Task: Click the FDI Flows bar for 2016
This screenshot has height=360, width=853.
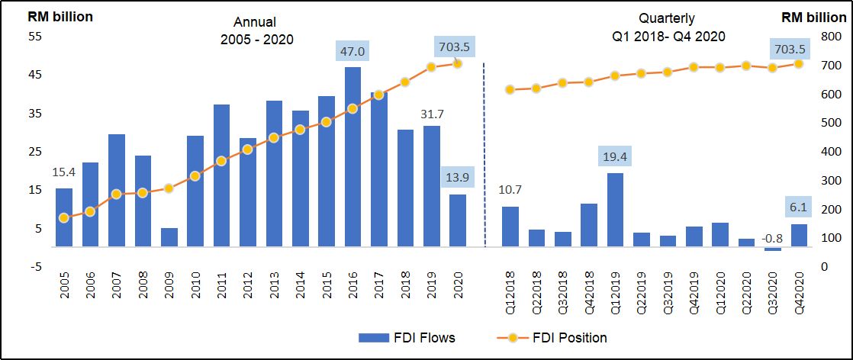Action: pyautogui.click(x=352, y=156)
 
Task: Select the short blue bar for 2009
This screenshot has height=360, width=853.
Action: pyautogui.click(x=169, y=237)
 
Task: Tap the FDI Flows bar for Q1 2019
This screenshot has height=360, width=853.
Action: pyautogui.click(x=615, y=210)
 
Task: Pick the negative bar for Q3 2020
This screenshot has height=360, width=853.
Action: pyautogui.click(x=773, y=249)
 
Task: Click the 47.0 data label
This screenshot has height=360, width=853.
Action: pyautogui.click(x=352, y=52)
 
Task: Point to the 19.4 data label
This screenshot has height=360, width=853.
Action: pyautogui.click(x=615, y=157)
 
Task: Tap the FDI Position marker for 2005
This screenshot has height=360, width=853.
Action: pyautogui.click(x=64, y=218)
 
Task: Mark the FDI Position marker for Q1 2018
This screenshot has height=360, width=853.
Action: pyautogui.click(x=510, y=90)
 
